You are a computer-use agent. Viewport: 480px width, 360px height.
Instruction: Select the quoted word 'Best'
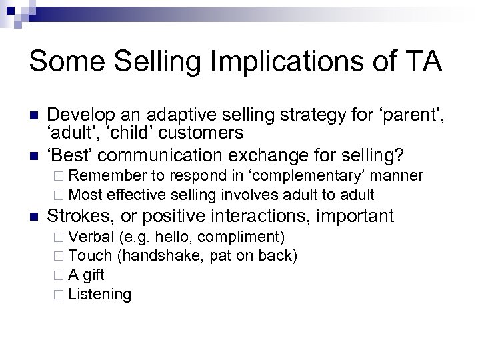pyautogui.click(x=71, y=155)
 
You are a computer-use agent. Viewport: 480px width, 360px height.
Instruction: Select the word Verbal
pyautogui.click(x=91, y=237)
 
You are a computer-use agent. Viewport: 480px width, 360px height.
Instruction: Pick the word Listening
pyautogui.click(x=100, y=294)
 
